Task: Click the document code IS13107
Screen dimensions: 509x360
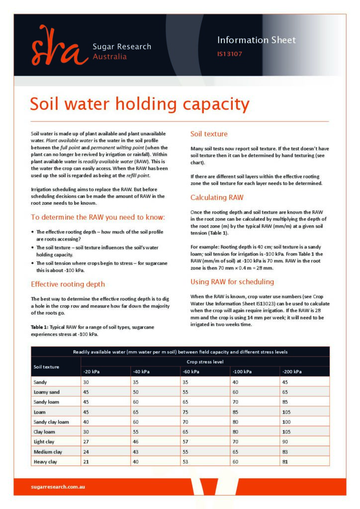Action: click(x=230, y=54)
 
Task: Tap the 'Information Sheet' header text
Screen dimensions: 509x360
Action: click(x=256, y=40)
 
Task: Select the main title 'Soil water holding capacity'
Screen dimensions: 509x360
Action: click(x=140, y=104)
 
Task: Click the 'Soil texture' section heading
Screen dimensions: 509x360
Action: click(x=209, y=134)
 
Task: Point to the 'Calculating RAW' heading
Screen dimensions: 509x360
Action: click(x=217, y=197)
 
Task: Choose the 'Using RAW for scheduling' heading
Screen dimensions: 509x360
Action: click(x=232, y=282)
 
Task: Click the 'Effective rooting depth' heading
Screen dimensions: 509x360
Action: click(x=68, y=284)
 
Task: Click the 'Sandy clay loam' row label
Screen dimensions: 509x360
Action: click(x=51, y=422)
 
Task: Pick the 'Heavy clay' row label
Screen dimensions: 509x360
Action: click(x=45, y=461)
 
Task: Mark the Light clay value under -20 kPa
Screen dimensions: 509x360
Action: click(x=86, y=441)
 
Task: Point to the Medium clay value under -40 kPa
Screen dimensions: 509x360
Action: click(x=136, y=451)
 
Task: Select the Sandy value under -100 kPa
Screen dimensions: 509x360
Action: click(x=235, y=382)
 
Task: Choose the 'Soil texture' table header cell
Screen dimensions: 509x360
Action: click(x=46, y=367)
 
